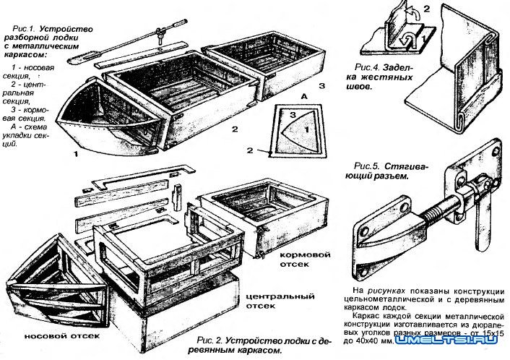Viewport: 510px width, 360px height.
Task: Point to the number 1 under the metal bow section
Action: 75,155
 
